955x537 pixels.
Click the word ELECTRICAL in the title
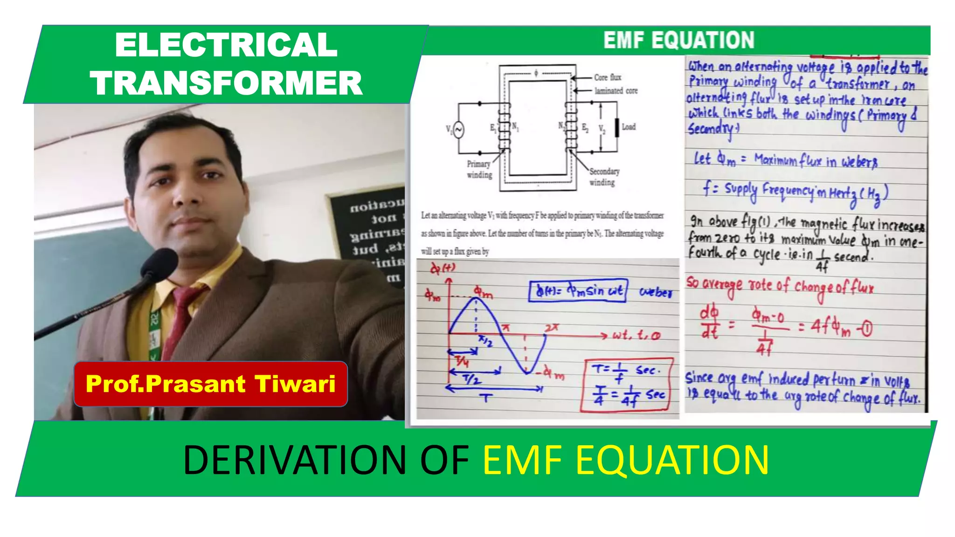(226, 45)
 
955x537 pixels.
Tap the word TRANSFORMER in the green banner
(226, 83)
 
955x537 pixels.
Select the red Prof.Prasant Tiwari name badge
(210, 384)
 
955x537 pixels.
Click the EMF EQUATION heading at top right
(678, 41)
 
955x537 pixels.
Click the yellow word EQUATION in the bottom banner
(672, 460)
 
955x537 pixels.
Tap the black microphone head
(159, 263)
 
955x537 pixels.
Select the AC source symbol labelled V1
(458, 130)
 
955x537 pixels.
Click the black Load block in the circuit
(616, 127)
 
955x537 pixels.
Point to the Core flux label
(607, 77)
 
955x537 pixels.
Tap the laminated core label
(616, 91)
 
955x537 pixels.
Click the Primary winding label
(479, 169)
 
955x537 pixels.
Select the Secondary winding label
(604, 177)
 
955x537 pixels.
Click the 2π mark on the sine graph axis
(551, 328)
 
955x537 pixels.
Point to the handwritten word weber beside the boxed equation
(656, 292)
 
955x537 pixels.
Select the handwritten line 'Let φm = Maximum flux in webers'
(786, 160)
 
